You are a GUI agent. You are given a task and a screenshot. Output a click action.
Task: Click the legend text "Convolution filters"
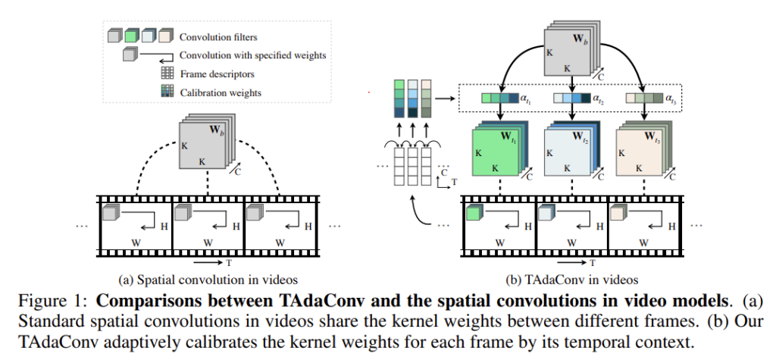tap(218, 36)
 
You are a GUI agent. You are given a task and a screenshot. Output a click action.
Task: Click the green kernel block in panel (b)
tap(497, 150)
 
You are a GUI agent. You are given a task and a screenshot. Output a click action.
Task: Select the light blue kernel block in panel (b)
tap(569, 150)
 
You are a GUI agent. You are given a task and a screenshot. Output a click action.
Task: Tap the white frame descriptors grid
tap(408, 167)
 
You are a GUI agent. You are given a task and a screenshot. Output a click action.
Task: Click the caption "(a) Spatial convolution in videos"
tap(204, 279)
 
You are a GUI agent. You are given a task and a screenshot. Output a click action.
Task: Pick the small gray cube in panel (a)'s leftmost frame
tap(111, 214)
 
